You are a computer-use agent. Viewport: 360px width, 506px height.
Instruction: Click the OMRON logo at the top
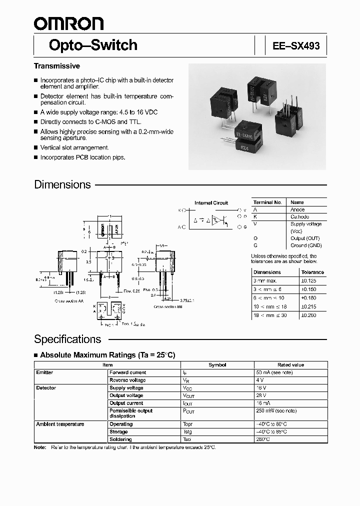pos(68,23)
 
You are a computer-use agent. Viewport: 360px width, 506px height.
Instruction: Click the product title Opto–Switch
pos(93,45)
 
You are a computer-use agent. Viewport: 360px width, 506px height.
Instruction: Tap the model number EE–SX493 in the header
pos(296,46)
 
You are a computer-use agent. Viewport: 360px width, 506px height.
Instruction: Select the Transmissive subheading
pos(57,66)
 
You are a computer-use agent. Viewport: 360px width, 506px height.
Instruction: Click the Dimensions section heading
pos(62,184)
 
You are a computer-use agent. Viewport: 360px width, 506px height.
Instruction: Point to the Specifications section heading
pos(67,339)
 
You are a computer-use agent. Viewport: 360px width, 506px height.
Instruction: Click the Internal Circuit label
pos(211,202)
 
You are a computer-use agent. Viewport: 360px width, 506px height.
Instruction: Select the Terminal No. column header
pos(267,202)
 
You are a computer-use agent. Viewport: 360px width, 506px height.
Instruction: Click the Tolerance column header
pos(313,272)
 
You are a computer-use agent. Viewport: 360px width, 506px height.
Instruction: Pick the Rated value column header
pos(290,365)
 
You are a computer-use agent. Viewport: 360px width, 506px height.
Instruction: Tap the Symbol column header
pos(217,365)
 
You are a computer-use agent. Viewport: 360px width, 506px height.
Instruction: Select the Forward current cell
pos(127,372)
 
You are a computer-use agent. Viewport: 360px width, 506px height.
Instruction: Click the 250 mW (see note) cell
pos(276,410)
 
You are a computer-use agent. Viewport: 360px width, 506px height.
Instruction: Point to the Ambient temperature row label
pos(60,424)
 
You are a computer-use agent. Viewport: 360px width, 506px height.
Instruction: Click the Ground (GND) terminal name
pos(306,245)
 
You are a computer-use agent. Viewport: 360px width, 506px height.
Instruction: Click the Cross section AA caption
pos(69,301)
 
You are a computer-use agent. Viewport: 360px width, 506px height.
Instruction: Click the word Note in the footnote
pos(39,446)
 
